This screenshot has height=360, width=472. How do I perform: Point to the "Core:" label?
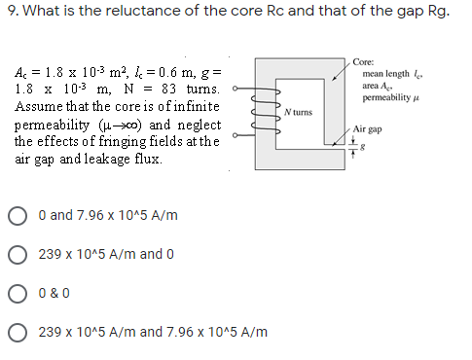[366, 60]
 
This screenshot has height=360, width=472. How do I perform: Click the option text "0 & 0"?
[55, 293]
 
